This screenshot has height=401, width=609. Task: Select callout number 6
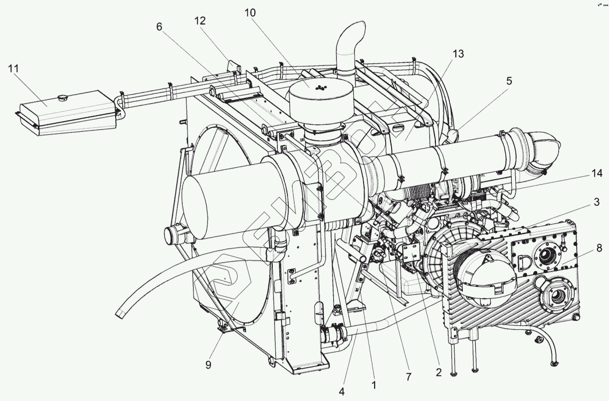(x=159, y=27)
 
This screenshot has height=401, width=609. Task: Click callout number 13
(x=458, y=54)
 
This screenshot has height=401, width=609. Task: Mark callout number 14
(x=597, y=174)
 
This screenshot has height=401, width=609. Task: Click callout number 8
(x=598, y=247)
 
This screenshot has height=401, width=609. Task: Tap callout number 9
(x=208, y=365)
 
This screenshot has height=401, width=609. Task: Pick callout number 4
(x=342, y=392)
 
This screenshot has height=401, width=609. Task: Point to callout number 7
(x=408, y=377)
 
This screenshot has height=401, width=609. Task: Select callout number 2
(x=438, y=372)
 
